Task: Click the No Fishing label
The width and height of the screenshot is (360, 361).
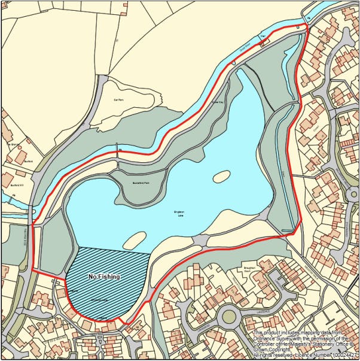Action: coord(104,277)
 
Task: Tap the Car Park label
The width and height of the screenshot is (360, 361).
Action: coord(118,100)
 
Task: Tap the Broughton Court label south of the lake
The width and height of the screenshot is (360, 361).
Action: coord(254,268)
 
